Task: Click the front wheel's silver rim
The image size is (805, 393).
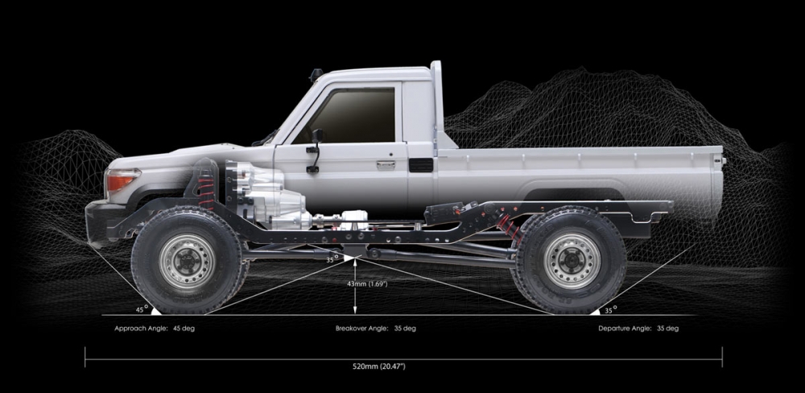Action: [187, 260]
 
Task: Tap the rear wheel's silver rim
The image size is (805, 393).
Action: [572, 260]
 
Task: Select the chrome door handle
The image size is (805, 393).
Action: [385, 165]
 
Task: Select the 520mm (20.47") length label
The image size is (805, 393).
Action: [379, 366]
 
